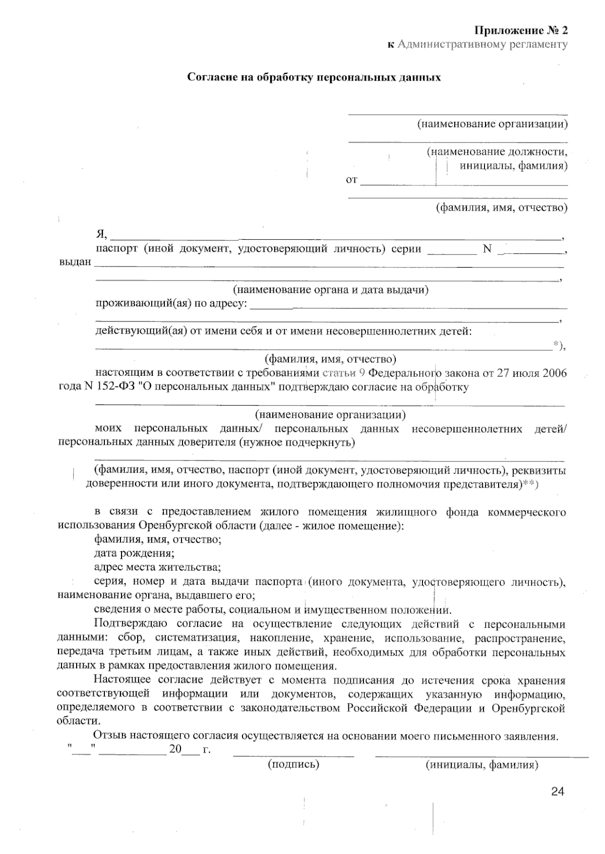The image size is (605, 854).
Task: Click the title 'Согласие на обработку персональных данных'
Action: [x=314, y=78]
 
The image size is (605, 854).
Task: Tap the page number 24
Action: [x=557, y=792]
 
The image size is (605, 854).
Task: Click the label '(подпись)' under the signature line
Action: [x=293, y=765]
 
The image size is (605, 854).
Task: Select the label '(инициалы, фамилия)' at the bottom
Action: [x=482, y=765]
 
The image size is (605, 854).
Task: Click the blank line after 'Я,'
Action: [x=335, y=236]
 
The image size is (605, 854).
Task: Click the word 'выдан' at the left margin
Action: [x=75, y=261]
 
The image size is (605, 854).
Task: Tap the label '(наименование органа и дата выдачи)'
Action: [x=330, y=290]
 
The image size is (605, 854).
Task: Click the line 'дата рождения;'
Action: [x=135, y=553]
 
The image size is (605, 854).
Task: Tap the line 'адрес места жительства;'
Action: [x=157, y=567]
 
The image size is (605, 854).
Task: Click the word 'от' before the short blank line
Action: [x=351, y=180]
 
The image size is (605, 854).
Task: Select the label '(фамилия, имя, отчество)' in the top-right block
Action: [x=502, y=208]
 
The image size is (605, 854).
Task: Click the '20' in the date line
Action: [x=175, y=749]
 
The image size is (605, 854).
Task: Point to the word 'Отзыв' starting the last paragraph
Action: [x=109, y=736]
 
